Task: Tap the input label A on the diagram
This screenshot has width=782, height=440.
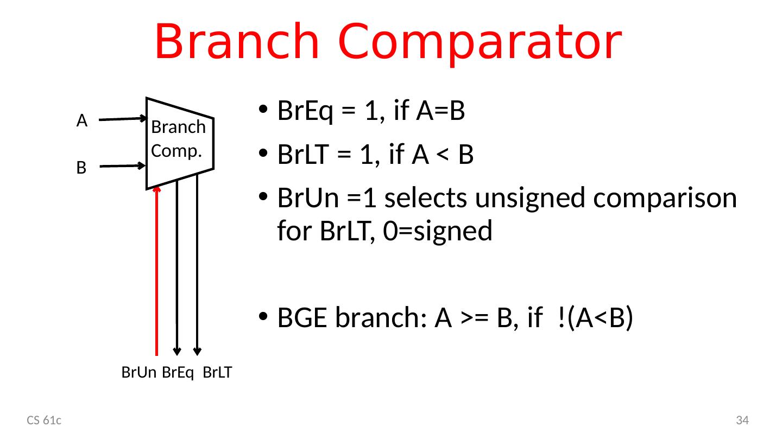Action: pyautogui.click(x=82, y=121)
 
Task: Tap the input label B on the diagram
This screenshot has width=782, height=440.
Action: pyautogui.click(x=81, y=168)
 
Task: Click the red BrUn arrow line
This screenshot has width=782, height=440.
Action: pyautogui.click(x=157, y=271)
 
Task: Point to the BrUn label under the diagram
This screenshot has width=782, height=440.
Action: pyautogui.click(x=139, y=373)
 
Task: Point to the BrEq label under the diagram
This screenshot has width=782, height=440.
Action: pyautogui.click(x=179, y=373)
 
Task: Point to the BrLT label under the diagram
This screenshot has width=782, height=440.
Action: pyautogui.click(x=218, y=373)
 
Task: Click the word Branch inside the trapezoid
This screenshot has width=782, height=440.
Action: pyautogui.click(x=178, y=127)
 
